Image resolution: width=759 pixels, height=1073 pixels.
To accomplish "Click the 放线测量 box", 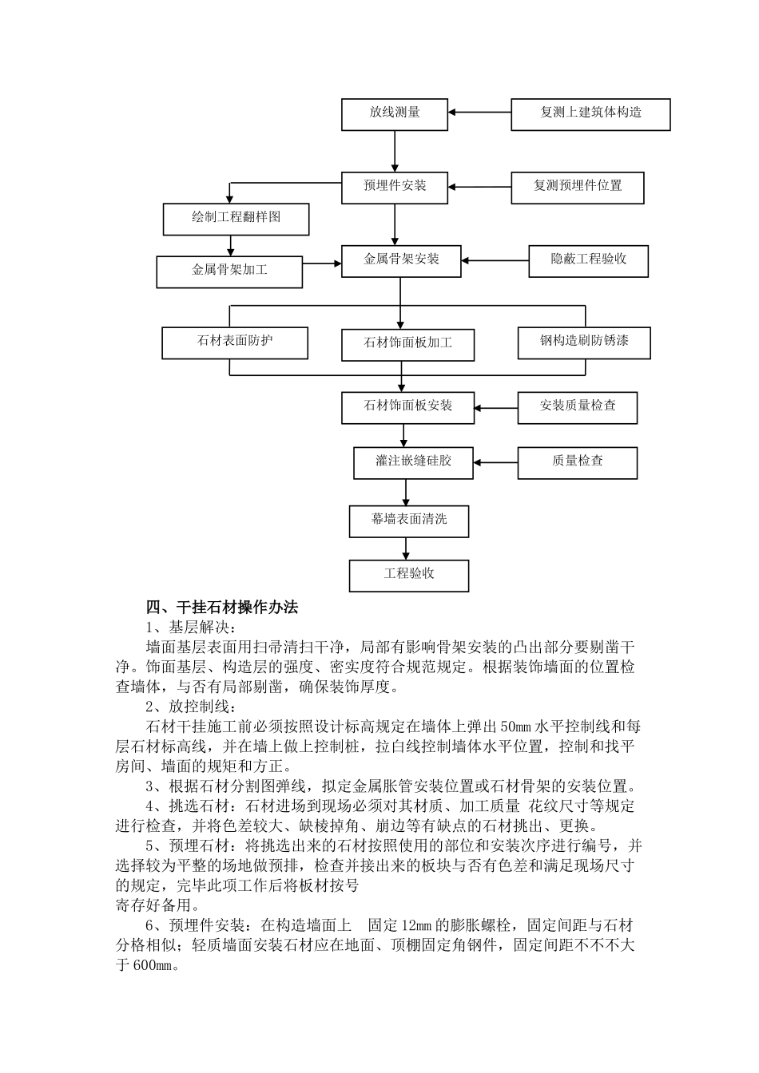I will (395, 113).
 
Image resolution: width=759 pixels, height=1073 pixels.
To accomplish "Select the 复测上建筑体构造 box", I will (590, 113).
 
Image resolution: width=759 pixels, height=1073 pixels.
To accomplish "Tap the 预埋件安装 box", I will (395, 187).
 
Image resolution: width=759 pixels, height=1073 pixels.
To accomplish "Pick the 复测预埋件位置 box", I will (577, 187).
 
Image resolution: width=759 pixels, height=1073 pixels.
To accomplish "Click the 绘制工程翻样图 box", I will (236, 218).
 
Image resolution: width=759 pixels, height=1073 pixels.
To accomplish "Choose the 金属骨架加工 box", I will (229, 271).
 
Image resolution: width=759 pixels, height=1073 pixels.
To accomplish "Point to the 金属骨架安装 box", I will (401, 260).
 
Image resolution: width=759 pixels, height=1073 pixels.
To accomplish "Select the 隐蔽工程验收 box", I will (588, 260).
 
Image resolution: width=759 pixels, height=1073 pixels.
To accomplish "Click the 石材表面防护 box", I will (235, 342).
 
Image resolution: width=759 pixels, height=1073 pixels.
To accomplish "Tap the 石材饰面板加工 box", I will (407, 343).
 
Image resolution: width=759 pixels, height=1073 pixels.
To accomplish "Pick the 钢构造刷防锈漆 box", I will (584, 342).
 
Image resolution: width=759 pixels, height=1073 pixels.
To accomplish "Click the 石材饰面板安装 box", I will (407, 407).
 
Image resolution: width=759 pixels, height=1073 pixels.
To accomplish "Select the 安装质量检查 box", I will (578, 406).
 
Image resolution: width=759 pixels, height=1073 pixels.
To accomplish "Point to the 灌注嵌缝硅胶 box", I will (413, 462).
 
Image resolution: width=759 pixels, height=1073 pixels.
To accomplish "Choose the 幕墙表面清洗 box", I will (409, 521).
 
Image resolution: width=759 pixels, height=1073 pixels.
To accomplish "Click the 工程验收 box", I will (409, 575).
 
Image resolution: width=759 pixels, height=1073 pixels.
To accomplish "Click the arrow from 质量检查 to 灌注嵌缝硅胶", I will (495, 462).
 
